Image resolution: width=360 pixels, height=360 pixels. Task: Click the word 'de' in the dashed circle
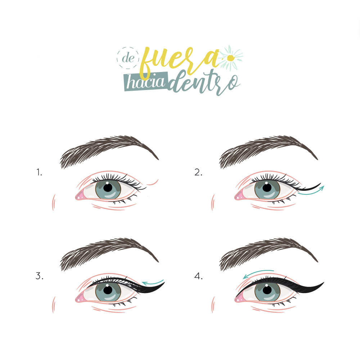(x=128, y=58)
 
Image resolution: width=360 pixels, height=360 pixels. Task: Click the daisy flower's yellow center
(x=230, y=58)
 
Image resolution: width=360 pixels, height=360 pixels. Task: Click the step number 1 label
(x=39, y=172)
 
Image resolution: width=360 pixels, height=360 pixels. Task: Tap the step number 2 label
(x=198, y=172)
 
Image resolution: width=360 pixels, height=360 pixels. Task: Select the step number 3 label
(x=40, y=276)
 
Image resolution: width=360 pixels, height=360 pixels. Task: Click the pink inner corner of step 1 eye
(x=79, y=196)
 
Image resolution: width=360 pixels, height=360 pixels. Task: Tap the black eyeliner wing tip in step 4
(x=324, y=283)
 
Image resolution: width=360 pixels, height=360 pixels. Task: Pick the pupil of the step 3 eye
(x=108, y=290)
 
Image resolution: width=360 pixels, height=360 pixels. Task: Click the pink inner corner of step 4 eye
(x=239, y=298)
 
